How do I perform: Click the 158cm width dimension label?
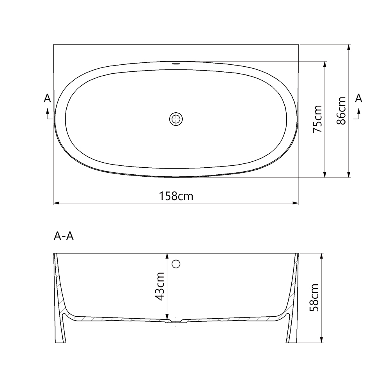tap(176, 196)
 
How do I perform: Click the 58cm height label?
tap(314, 298)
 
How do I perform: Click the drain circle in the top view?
tap(176, 118)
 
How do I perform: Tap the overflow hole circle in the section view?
tap(176, 264)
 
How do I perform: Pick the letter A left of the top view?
tap(48, 98)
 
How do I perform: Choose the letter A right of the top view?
tap(359, 98)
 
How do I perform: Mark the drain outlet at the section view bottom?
tap(176, 322)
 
